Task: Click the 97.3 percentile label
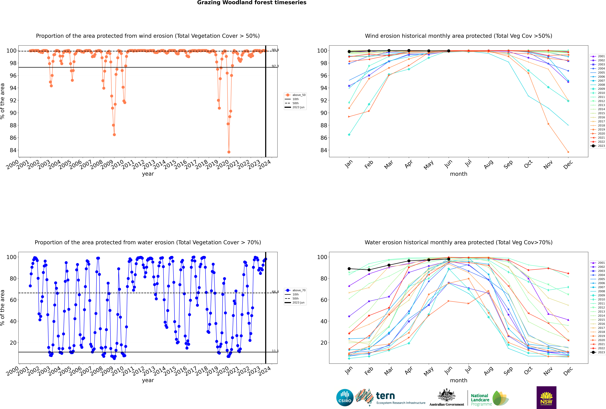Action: tap(275, 66)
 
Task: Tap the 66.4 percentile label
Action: tap(275, 292)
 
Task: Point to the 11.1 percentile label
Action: tap(275, 351)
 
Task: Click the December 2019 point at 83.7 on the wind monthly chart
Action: tap(568, 152)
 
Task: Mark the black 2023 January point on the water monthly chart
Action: tap(349, 269)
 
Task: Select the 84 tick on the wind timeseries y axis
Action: tap(13, 150)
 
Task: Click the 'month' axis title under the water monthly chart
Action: tap(459, 381)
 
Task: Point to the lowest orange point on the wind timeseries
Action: tap(229, 152)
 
